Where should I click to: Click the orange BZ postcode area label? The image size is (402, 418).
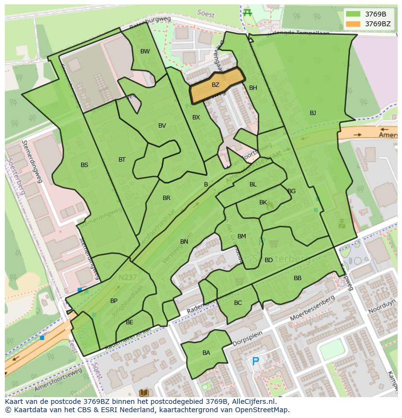(x=215, y=85)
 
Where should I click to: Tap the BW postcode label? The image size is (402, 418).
(x=145, y=51)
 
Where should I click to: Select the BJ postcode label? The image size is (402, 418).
(x=313, y=113)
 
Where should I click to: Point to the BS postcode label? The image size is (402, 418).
(x=84, y=165)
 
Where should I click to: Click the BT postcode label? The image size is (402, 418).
(x=122, y=160)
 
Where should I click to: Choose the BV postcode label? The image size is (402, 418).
(x=162, y=126)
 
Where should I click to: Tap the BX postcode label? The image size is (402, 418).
(x=196, y=117)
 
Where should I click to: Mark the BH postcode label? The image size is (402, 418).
(x=253, y=88)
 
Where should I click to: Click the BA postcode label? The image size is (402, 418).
(x=206, y=353)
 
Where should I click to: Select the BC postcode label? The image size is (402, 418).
(x=238, y=303)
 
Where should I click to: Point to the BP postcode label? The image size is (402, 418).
(x=114, y=301)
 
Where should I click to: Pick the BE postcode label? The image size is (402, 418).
(x=129, y=322)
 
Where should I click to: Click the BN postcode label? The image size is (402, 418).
(x=184, y=242)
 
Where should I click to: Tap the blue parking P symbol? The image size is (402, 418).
(x=255, y=361)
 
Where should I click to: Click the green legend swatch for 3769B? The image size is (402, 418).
(x=353, y=14)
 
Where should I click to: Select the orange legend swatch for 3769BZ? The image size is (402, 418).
(x=353, y=24)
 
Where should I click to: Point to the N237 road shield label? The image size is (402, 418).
(x=127, y=278)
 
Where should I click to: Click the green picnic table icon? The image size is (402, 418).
(x=248, y=12)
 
